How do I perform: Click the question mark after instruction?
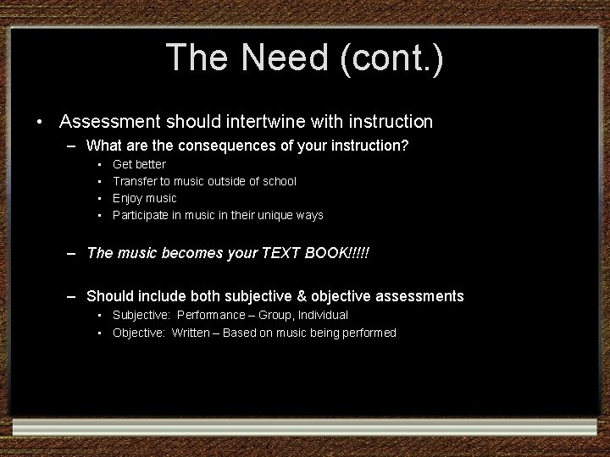[405, 146]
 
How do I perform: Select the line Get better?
[140, 164]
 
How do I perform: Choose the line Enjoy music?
[145, 198]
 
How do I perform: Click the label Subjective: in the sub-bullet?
[141, 315]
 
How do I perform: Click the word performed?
[368, 333]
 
